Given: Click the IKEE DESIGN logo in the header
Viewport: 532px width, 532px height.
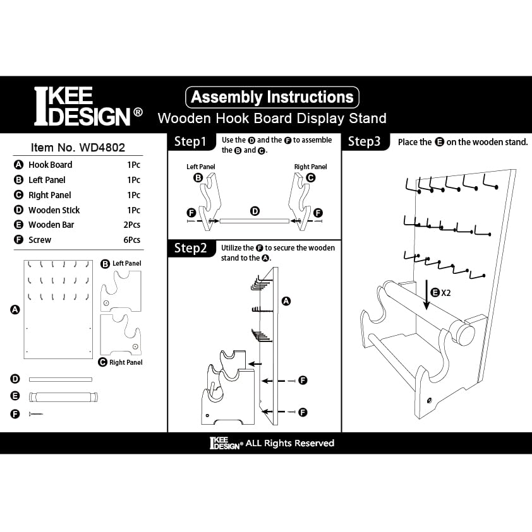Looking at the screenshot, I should (87, 106).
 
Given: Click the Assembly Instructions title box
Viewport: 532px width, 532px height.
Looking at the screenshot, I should (272, 97).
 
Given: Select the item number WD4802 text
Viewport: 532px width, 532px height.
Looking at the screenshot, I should (78, 148).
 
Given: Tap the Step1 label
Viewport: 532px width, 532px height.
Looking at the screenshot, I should (190, 142).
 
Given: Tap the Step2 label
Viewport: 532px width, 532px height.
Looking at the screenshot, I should (190, 248).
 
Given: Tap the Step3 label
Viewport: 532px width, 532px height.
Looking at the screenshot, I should (365, 142).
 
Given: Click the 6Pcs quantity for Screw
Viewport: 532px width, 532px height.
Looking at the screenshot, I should (133, 240).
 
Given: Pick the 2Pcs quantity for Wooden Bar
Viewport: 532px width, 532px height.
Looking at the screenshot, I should (133, 225).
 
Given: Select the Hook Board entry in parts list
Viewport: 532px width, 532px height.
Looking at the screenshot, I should (50, 165).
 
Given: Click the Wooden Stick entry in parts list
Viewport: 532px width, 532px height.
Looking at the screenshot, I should (54, 210).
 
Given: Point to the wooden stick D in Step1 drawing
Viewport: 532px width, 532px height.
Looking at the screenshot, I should (254, 220).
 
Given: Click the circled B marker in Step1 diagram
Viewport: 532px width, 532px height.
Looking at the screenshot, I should (198, 178).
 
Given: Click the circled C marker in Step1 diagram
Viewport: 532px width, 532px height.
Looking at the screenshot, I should (310, 178).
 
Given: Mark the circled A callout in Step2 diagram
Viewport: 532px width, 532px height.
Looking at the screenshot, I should (286, 301).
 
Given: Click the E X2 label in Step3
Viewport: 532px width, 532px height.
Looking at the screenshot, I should (440, 292).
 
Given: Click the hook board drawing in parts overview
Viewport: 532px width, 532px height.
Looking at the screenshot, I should (58, 309).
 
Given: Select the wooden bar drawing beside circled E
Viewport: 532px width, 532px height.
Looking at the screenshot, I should (61, 397).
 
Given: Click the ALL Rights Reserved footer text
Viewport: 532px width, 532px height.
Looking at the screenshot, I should (289, 443).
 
